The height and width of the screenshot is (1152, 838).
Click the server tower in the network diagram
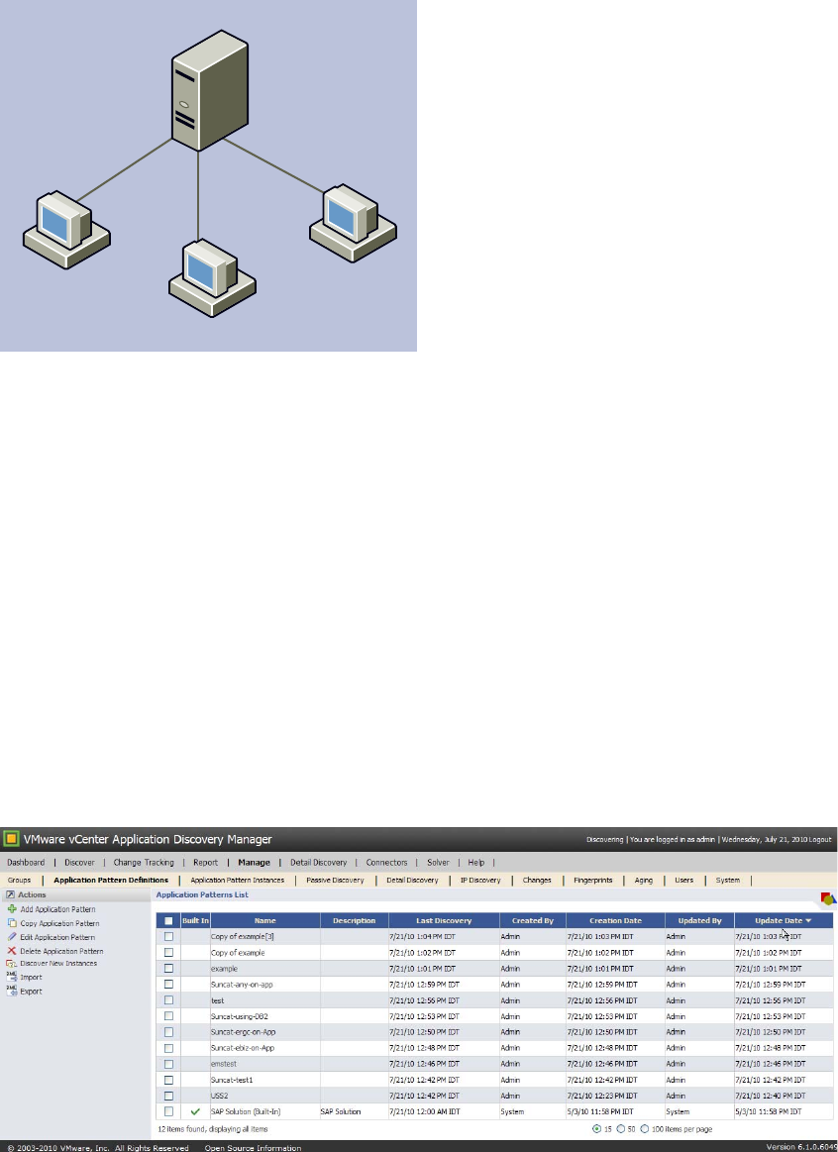pyautogui.click(x=199, y=99)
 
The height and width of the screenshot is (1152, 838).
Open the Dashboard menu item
pyautogui.click(x=26, y=863)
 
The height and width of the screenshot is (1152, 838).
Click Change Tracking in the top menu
pyautogui.click(x=144, y=863)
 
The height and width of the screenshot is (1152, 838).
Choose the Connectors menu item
pyautogui.click(x=386, y=863)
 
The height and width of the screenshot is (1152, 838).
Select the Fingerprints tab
pyautogui.click(x=592, y=880)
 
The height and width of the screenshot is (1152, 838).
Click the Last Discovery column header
pyautogui.click(x=444, y=921)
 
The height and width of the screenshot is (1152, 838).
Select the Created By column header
pyautogui.click(x=532, y=921)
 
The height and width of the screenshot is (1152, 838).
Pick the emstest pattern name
pyautogui.click(x=224, y=1064)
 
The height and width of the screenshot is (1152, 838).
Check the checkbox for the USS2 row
pyautogui.click(x=168, y=1096)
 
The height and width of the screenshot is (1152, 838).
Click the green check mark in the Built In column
pyautogui.click(x=195, y=1112)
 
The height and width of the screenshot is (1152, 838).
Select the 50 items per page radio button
pyautogui.click(x=621, y=1128)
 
